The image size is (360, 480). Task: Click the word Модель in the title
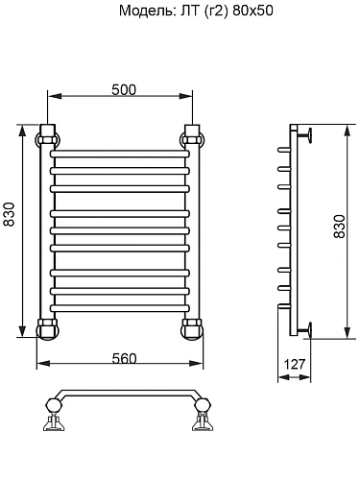(143, 12)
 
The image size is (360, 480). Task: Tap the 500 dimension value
(123, 89)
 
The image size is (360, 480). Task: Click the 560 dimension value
(123, 358)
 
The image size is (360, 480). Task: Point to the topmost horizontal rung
(119, 152)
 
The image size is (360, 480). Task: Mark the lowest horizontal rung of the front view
(119, 306)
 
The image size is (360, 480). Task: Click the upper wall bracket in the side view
(306, 133)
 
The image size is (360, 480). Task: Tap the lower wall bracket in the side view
(306, 330)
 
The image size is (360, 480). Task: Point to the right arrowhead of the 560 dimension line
(197, 366)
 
